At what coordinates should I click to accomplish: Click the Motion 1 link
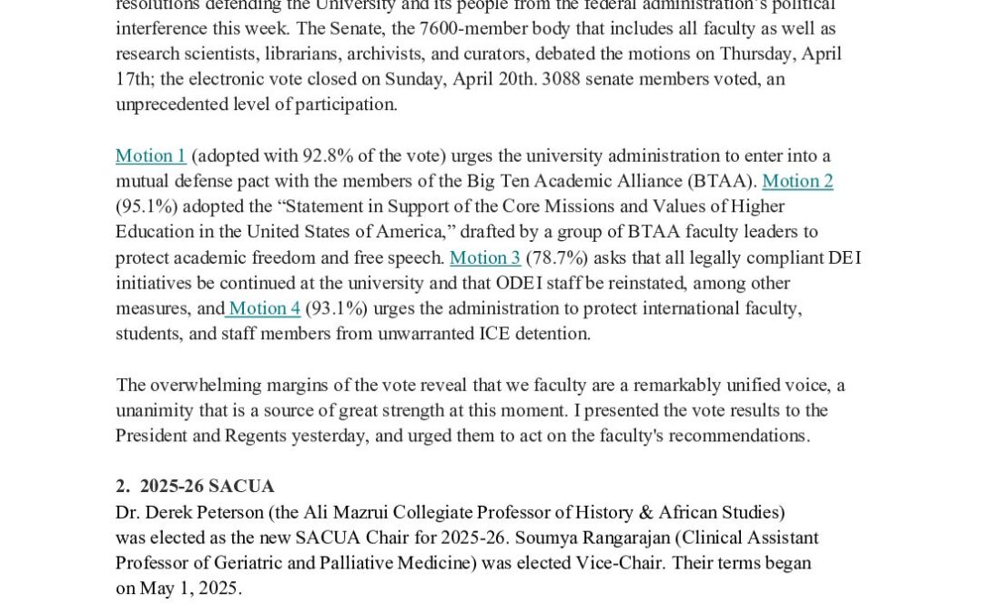(x=151, y=156)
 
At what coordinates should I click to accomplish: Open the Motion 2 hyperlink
(x=797, y=181)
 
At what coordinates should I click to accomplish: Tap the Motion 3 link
(x=485, y=257)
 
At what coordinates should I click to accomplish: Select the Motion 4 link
(x=264, y=308)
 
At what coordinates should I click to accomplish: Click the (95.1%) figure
(x=147, y=206)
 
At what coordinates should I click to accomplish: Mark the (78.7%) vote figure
(x=557, y=257)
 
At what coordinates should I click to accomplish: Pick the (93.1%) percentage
(x=337, y=308)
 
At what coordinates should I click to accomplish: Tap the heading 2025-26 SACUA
(x=207, y=487)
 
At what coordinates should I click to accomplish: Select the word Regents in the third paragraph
(x=255, y=436)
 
